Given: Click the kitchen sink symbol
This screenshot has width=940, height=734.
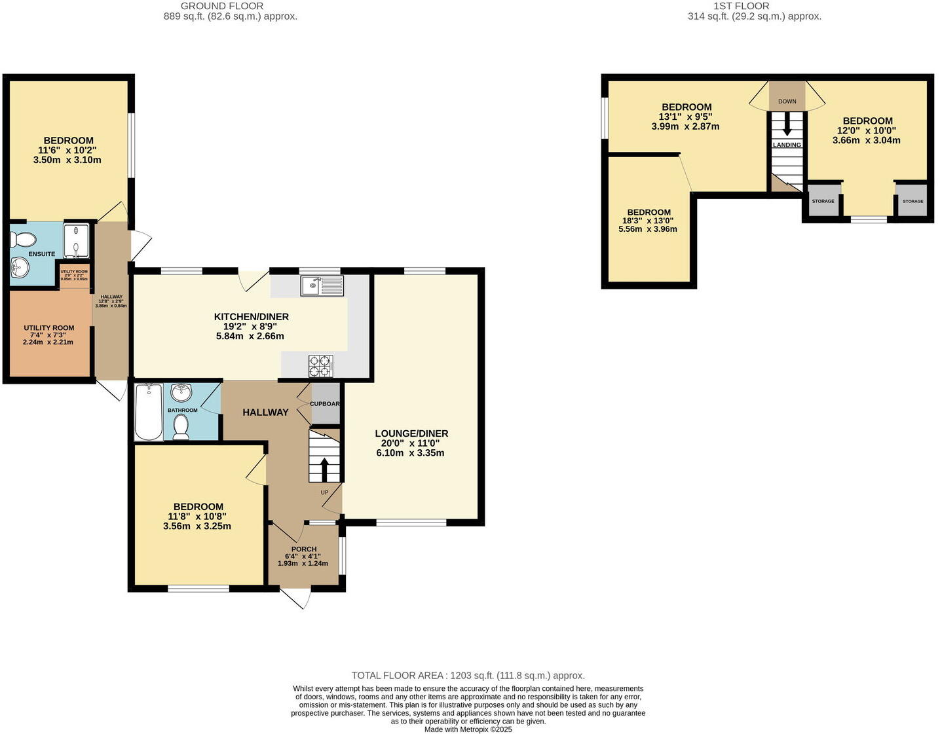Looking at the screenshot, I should coord(322,285).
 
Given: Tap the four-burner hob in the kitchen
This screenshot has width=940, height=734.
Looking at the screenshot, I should coord(321,366).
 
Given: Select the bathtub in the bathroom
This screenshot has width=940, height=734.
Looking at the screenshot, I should coord(149,412).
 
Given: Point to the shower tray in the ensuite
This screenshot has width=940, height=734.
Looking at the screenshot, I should coord(77,240).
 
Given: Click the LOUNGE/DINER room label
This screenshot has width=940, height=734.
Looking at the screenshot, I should coord(411,433).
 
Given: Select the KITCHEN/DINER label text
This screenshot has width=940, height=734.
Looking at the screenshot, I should coord(251,317).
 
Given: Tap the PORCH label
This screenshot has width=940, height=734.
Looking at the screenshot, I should coord(304,549).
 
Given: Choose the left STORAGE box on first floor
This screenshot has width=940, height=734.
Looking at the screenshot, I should coord(823,201).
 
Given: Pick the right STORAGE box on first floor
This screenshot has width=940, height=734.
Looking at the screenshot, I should coord(912,201).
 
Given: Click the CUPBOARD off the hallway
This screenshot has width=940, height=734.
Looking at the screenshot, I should coord(325,404).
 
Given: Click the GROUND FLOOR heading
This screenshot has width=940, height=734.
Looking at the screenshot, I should coord(222,6).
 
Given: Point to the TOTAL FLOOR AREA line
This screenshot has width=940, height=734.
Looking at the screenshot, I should coord(468,676).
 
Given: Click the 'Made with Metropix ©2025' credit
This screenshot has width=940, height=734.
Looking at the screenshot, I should coord(468,729).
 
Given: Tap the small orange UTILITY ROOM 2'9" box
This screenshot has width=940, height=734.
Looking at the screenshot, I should coord(74,275).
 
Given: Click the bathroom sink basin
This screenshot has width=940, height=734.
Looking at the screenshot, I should coord(181,393).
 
